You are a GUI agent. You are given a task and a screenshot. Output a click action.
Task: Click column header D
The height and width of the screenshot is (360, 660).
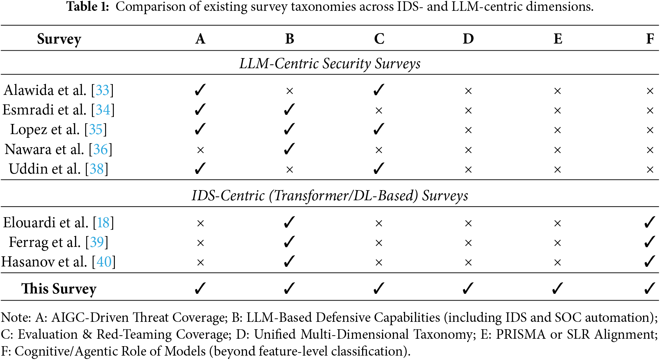coord(468,39)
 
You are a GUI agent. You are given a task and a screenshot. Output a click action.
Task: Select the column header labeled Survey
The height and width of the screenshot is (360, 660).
coord(59,39)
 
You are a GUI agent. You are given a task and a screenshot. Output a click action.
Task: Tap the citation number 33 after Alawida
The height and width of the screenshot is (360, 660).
coord(102,90)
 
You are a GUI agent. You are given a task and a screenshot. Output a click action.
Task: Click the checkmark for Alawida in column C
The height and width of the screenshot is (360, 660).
coord(379,90)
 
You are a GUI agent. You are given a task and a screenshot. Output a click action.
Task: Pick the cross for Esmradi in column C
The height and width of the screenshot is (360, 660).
coord(379,110)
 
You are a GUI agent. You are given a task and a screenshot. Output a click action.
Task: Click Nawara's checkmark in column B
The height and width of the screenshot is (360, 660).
coord(289,149)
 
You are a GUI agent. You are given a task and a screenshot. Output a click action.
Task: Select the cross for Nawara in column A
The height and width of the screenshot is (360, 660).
coord(200,150)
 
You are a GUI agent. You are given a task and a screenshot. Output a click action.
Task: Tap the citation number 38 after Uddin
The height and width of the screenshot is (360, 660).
coord(97,169)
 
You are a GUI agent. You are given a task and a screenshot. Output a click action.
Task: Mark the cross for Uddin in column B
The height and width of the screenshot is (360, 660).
coord(289,170)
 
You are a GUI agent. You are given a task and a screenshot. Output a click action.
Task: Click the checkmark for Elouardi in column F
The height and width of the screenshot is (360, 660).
coord(650,222)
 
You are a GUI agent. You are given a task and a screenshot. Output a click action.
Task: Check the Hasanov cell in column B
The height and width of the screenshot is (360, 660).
coord(289,261)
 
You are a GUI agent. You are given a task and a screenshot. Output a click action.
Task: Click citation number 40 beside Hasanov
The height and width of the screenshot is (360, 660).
coord(104,262)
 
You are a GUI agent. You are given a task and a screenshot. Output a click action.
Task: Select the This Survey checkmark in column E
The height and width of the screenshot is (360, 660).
coord(557,288)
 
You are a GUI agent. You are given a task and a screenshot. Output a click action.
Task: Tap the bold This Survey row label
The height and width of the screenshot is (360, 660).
coord(59,289)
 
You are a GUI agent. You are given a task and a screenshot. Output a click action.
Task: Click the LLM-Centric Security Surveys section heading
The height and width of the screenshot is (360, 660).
coord(330,63)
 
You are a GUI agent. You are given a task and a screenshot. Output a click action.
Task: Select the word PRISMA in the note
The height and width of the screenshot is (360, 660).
coord(521,334)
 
